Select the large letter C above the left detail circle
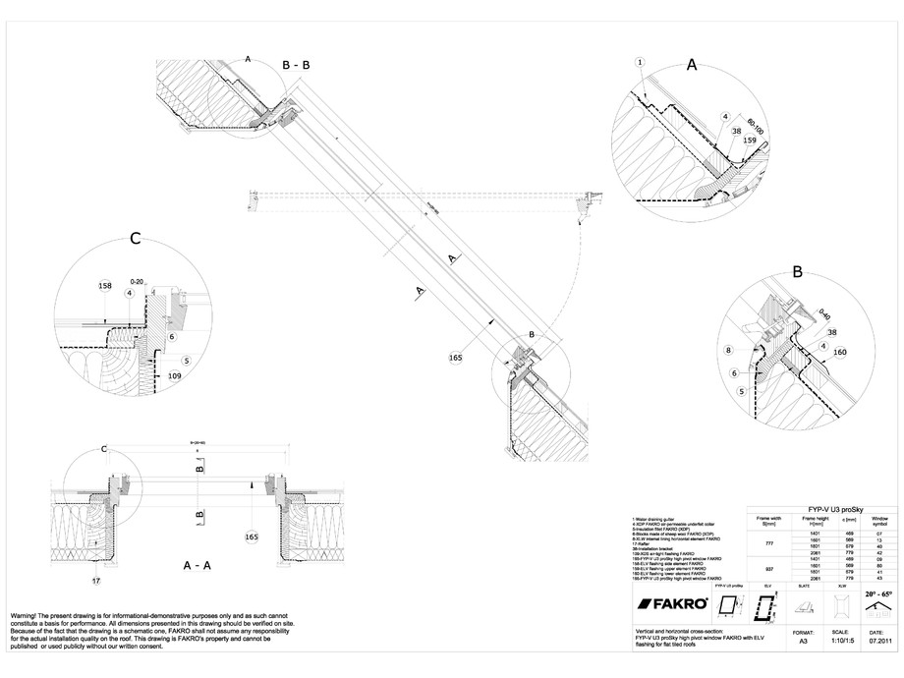point(136,239)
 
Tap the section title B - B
point(296,65)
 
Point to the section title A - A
point(200,567)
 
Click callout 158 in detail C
point(105,286)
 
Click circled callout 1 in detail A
point(640,62)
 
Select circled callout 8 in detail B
point(728,350)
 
